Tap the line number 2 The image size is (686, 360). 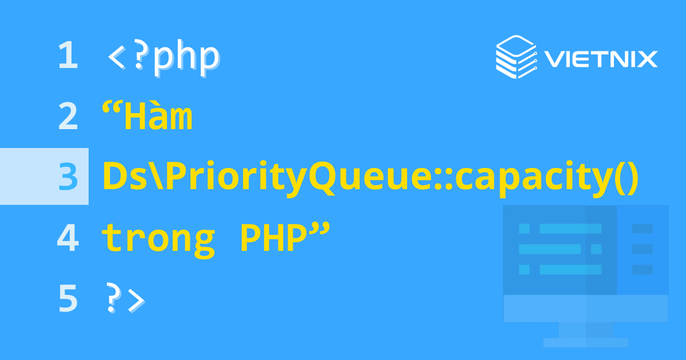67,117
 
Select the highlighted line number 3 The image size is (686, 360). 67,177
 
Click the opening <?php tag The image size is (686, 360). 163,57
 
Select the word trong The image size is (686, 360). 158,239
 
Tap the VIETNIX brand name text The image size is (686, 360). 600,58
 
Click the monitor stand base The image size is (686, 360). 585,342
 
